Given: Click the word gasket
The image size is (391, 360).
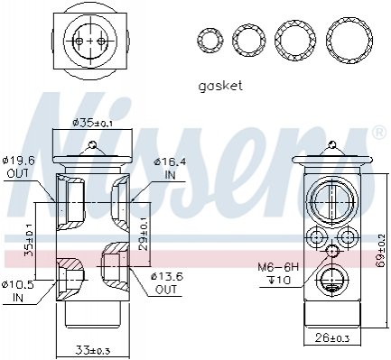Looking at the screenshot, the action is click(220, 86).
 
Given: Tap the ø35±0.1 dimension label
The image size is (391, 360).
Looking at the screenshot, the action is click(93, 123).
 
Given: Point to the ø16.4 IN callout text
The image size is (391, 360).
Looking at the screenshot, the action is click(171, 169).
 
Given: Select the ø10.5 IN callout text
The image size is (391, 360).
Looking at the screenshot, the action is click(18, 291).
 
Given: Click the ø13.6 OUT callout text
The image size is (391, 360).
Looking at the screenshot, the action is click(167, 282).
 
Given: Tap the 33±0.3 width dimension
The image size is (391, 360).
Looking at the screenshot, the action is click(93, 350).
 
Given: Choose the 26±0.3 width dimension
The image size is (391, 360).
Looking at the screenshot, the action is click(332, 338).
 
